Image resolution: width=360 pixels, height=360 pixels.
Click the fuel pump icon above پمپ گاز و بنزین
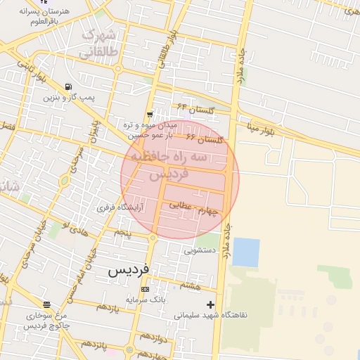[x=68, y=86]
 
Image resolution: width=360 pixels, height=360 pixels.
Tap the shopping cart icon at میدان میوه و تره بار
[x=150, y=115]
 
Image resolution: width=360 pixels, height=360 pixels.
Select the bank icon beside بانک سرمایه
[x=145, y=290]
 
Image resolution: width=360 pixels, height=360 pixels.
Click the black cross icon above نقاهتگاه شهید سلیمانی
[x=210, y=304]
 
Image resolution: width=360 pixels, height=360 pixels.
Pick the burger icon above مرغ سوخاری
[x=46, y=305]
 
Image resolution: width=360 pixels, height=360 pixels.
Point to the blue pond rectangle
[x=245, y=252]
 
